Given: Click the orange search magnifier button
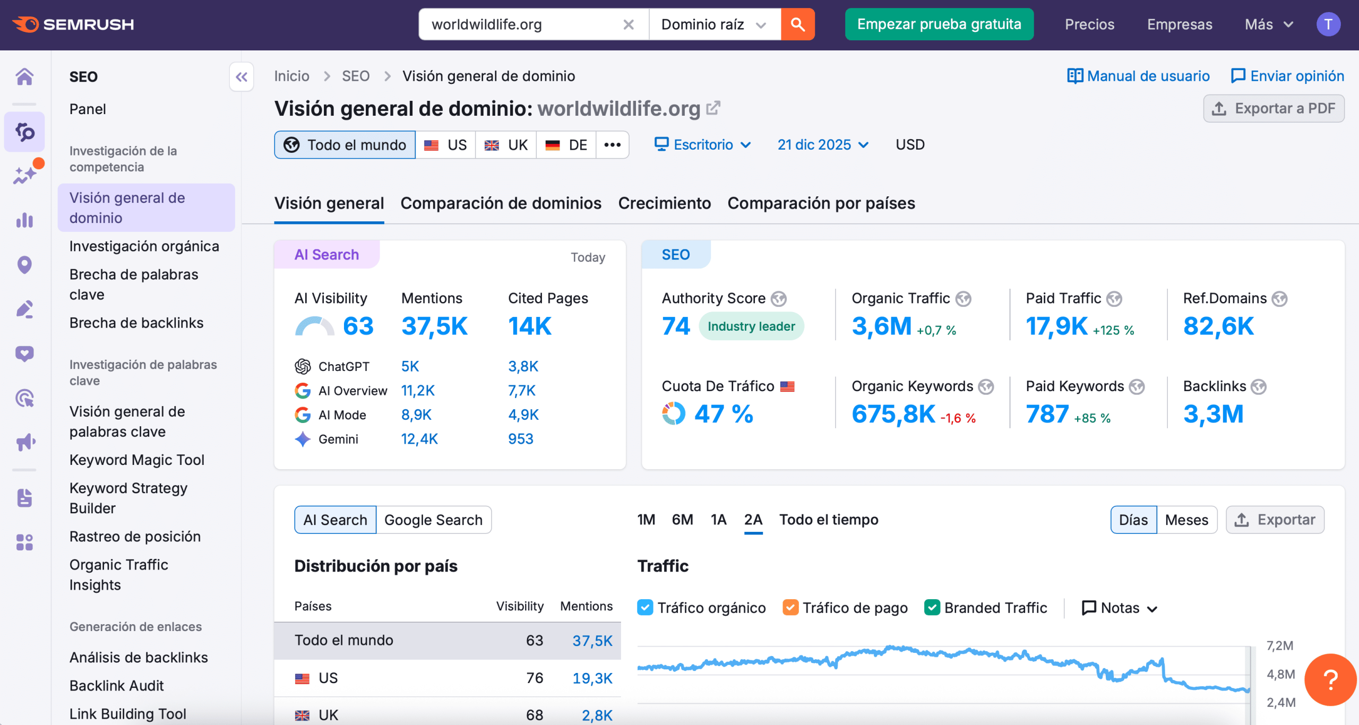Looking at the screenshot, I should [x=797, y=24].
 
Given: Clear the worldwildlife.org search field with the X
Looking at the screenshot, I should [x=629, y=24].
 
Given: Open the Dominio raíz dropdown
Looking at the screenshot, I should [x=714, y=24].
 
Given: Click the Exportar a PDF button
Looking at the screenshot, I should [x=1274, y=109].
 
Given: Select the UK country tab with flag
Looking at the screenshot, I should [x=506, y=145].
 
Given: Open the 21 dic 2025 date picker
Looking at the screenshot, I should [x=822, y=145].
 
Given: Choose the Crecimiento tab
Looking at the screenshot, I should [x=664, y=203].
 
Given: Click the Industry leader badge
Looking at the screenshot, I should [x=751, y=326].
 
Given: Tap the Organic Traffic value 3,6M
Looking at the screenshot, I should [x=881, y=326].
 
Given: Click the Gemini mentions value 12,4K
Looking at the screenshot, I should [x=419, y=439].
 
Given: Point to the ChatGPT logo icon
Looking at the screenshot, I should [x=303, y=366].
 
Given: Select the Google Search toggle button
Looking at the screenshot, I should [x=433, y=520].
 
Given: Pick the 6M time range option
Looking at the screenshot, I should [x=682, y=520].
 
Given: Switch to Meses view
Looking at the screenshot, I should [x=1186, y=520].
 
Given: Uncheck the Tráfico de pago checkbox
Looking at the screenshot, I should [x=790, y=608].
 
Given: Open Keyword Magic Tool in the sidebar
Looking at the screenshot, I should [x=137, y=460].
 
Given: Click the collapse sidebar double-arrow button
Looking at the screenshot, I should [x=242, y=77].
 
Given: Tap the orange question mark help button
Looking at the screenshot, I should [x=1330, y=679].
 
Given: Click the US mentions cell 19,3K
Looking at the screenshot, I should [x=592, y=678].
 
